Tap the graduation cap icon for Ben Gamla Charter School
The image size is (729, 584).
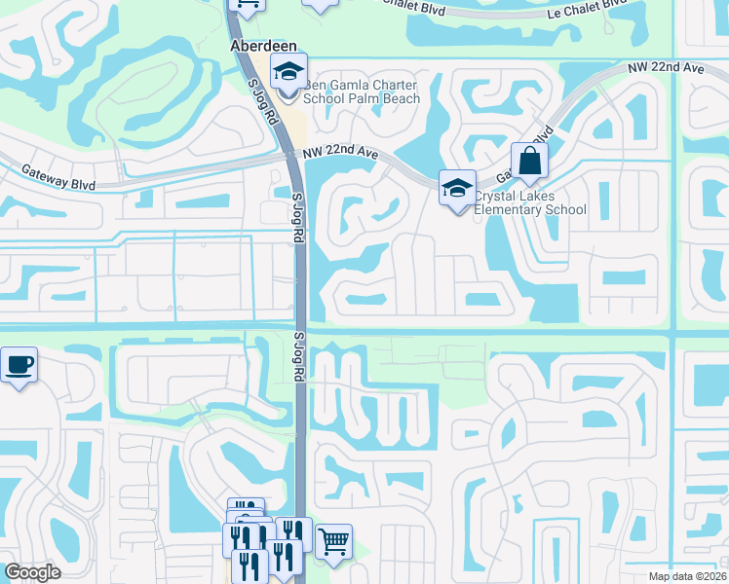tap(289, 71)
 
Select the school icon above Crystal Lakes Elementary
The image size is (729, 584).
tap(457, 188)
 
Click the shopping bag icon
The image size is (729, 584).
tap(529, 162)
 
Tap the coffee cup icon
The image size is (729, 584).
tap(19, 365)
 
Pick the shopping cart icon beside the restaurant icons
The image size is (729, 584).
tap(333, 540)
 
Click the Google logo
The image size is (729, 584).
tap(33, 572)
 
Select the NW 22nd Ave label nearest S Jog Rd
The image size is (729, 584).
tap(340, 154)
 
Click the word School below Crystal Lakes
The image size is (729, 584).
tap(565, 209)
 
